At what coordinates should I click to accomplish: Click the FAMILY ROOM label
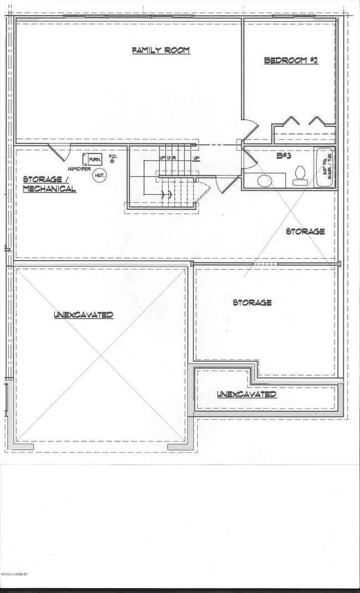(x=161, y=50)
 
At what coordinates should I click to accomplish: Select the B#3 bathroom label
(x=284, y=156)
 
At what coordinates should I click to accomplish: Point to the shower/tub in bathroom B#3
(x=324, y=168)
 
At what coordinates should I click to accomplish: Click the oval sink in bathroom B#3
(x=265, y=181)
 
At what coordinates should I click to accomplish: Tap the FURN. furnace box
(x=95, y=160)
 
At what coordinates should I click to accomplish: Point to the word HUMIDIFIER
(x=80, y=168)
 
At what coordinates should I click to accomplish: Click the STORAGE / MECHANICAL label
(x=49, y=184)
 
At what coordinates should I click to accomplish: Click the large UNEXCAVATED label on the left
(x=84, y=314)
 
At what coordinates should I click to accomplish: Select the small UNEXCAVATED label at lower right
(x=246, y=394)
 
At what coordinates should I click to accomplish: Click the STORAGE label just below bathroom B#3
(x=305, y=231)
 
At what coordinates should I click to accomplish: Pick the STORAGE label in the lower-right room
(x=252, y=302)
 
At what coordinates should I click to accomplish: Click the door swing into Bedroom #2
(x=249, y=130)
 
